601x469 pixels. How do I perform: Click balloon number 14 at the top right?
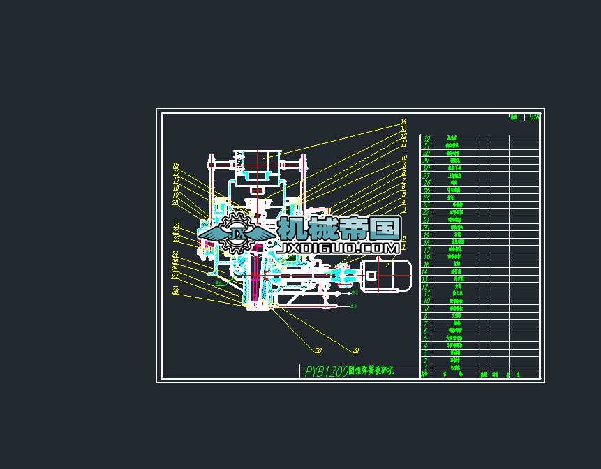403,121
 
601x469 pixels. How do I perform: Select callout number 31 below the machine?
356,350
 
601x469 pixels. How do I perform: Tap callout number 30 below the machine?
318,351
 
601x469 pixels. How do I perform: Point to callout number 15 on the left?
177,165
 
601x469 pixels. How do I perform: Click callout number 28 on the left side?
176,291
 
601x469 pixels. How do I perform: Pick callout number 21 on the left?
177,225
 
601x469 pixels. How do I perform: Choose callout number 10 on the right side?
403,158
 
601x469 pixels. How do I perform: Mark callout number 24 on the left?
175,254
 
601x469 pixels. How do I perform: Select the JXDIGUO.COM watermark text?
339,248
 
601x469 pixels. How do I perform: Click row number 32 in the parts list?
426,139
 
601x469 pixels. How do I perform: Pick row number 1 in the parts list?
426,367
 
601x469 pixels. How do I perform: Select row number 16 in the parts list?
426,257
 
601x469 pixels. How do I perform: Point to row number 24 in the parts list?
426,198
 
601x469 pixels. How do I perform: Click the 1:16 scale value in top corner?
534,118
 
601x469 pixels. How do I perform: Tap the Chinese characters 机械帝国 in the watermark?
339,228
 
